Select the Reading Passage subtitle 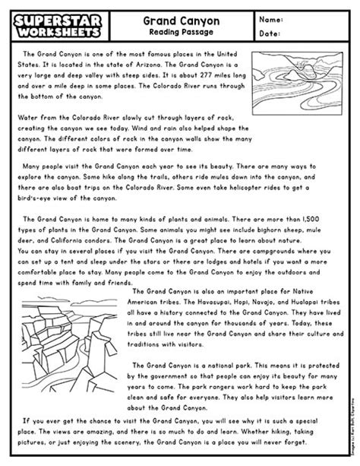[x=181, y=33]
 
